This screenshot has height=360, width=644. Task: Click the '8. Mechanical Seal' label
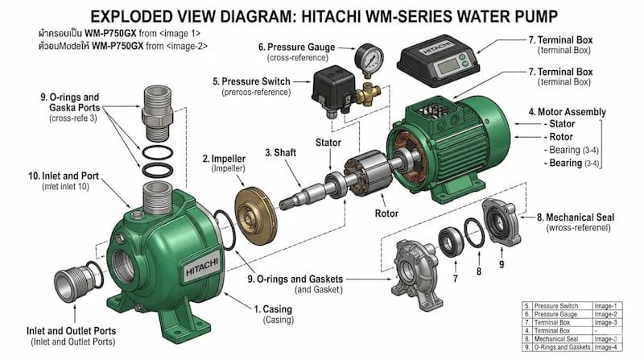click(x=576, y=217)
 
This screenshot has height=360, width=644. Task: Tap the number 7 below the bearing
click(x=455, y=278)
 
